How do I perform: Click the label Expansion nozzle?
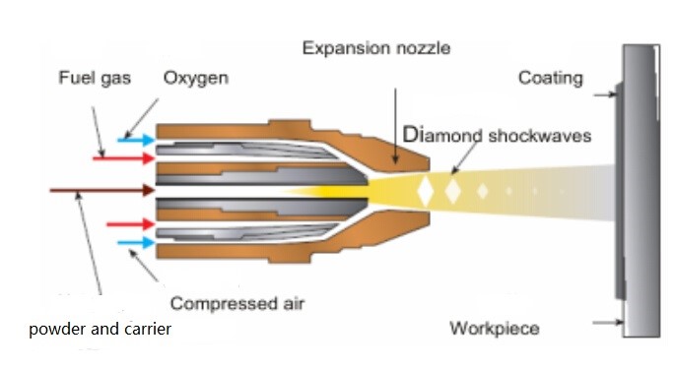coord(376,48)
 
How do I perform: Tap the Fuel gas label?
coord(95,79)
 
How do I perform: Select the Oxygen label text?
coord(196,79)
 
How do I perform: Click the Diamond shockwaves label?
coord(497,135)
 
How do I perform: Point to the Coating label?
coord(551,79)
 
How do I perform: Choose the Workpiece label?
coord(495,329)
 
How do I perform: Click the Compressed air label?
coord(237,303)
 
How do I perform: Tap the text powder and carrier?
coord(101,330)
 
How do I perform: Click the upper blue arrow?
coord(136,140)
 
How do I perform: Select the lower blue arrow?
coord(136,242)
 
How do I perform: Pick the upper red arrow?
coord(124,158)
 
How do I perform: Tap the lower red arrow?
coord(131,224)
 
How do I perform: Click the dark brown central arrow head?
coord(149,190)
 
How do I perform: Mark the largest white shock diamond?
coord(425,191)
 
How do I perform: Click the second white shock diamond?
coord(452,191)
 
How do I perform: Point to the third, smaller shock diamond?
coord(483,191)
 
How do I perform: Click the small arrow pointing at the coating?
coord(606,94)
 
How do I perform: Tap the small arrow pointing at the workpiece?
coord(608,322)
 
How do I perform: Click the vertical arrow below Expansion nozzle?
coord(395,126)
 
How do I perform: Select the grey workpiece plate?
coord(641,191)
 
